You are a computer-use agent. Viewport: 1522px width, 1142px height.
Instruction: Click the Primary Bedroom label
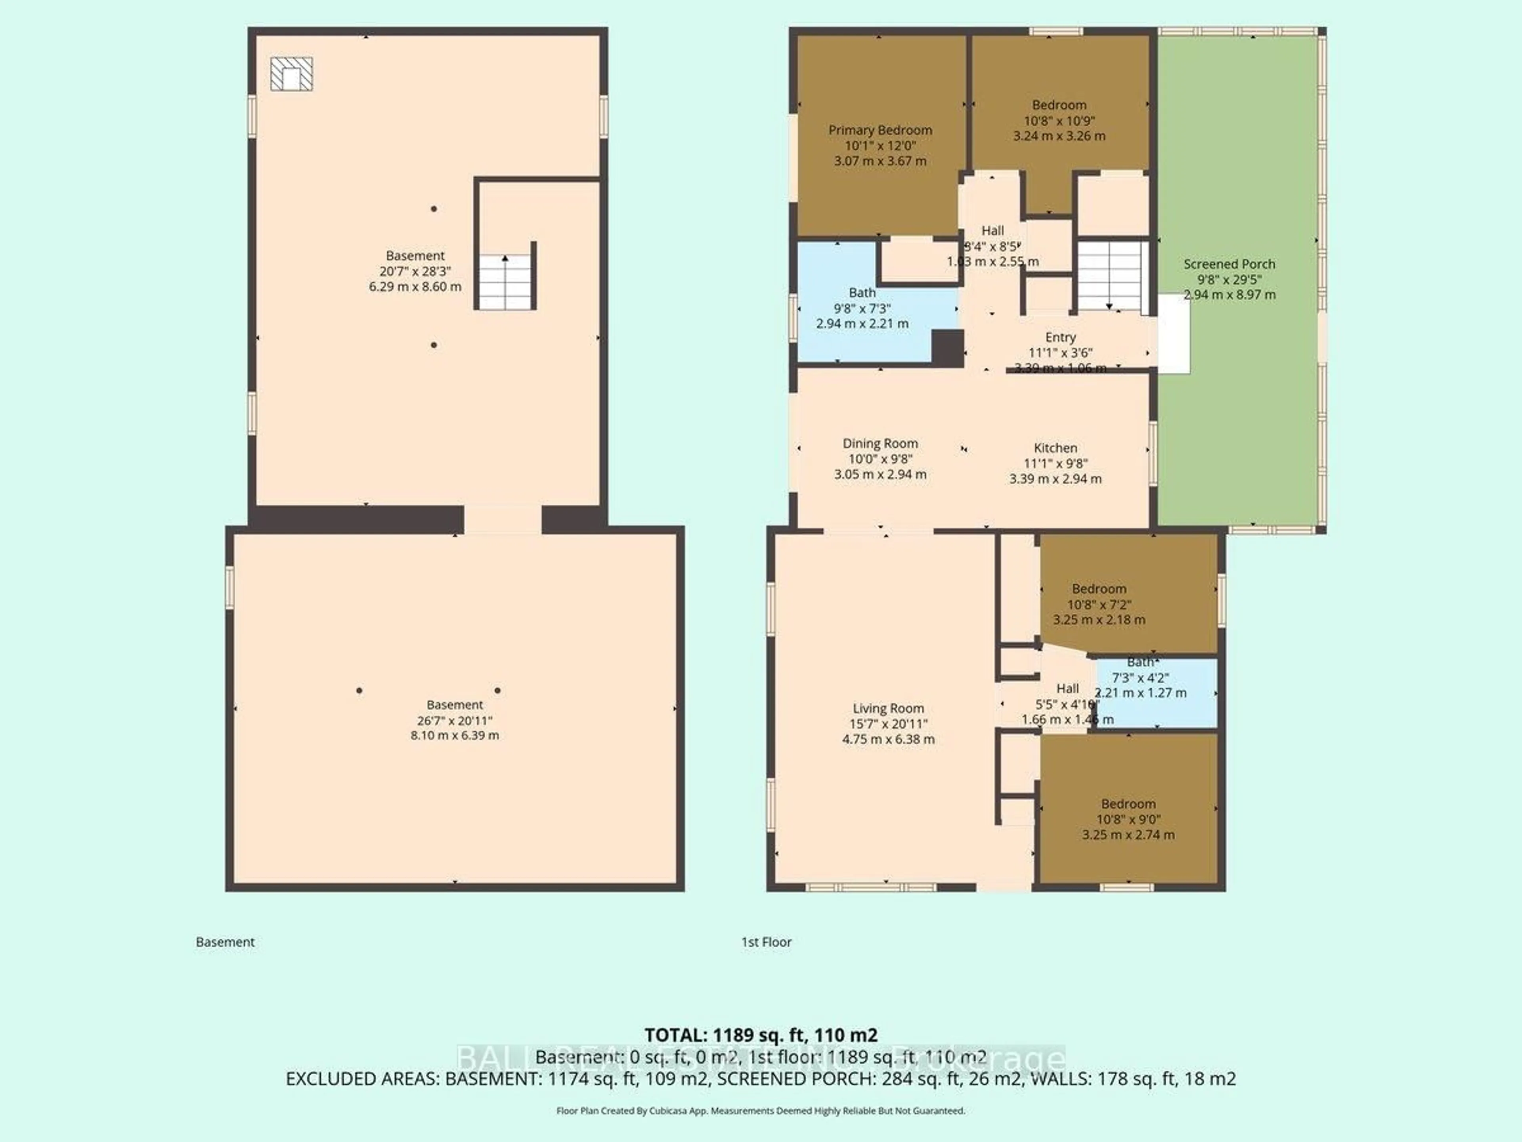[x=880, y=130]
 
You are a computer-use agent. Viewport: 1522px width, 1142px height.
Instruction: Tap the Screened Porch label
[x=1229, y=264]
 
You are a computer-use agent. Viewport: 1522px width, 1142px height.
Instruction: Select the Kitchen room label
[x=1055, y=447]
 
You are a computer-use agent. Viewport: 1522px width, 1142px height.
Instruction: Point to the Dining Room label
[x=880, y=443]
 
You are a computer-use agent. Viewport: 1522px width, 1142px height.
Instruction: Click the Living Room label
[x=887, y=708]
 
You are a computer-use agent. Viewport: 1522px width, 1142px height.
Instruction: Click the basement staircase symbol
[x=506, y=282]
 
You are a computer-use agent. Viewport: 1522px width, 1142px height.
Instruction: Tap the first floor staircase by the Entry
[x=1110, y=275]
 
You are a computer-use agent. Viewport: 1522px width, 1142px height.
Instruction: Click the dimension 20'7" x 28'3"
[x=415, y=271]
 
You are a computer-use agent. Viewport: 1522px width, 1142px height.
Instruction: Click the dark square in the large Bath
[x=947, y=348]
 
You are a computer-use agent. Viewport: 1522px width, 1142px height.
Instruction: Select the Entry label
[x=1059, y=337]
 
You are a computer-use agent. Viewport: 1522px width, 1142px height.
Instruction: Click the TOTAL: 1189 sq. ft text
[x=760, y=1035]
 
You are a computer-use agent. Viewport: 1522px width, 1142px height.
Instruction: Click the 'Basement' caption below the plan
[x=225, y=942]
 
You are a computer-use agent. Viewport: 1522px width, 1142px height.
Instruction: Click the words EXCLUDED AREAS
[x=363, y=1079]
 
